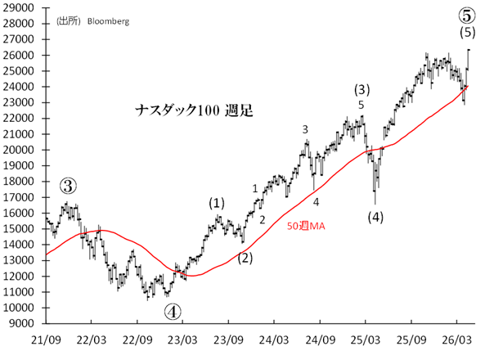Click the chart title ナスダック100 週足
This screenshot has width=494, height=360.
point(194,110)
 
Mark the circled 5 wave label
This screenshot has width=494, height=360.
point(467,15)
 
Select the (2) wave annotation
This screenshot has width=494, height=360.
point(245,259)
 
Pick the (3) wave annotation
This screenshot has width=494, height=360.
point(362,88)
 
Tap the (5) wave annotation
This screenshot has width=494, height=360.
point(467,32)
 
